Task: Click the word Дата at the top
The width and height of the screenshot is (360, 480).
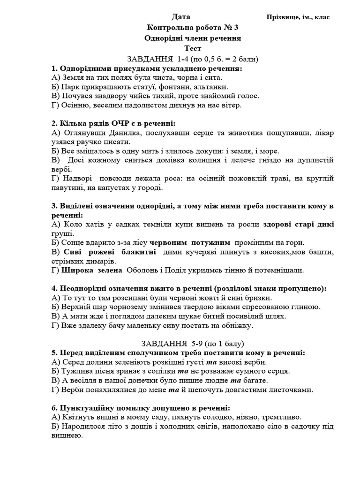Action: (x=181, y=17)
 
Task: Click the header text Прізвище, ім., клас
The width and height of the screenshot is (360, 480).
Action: (x=298, y=17)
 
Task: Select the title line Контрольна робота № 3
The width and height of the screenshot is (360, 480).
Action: (x=194, y=28)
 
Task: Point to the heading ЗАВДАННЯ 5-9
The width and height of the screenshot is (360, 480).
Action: (x=193, y=343)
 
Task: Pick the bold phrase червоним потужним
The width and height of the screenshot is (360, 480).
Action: (x=190, y=242)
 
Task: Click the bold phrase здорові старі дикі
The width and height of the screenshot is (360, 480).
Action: (x=299, y=224)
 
